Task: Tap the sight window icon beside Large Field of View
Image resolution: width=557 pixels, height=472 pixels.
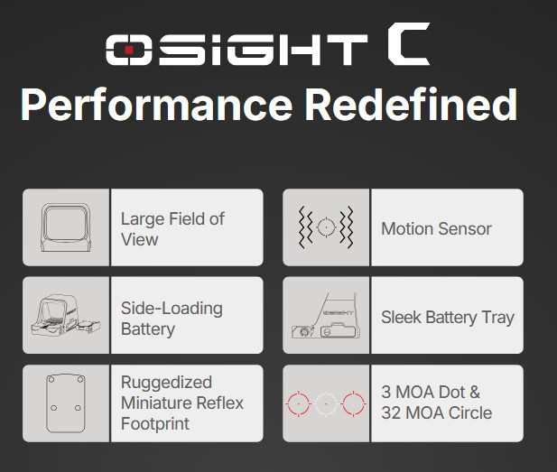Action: (66, 227)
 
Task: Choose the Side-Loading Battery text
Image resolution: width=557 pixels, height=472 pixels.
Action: (172, 318)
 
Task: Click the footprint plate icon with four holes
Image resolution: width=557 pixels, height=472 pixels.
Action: (66, 403)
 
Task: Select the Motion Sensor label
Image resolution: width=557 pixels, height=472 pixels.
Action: (436, 228)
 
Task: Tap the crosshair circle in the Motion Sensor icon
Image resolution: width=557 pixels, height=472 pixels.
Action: (326, 227)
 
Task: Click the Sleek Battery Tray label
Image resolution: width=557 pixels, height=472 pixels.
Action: (447, 317)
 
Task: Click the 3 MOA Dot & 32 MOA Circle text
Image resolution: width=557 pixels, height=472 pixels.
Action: (436, 403)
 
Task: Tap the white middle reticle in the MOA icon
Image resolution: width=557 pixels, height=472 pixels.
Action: (326, 403)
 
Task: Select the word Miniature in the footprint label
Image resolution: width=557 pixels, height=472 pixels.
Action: (159, 403)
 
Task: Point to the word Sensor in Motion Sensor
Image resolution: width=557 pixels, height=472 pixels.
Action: (465, 228)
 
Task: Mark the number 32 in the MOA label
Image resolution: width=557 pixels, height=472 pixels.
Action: (391, 413)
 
